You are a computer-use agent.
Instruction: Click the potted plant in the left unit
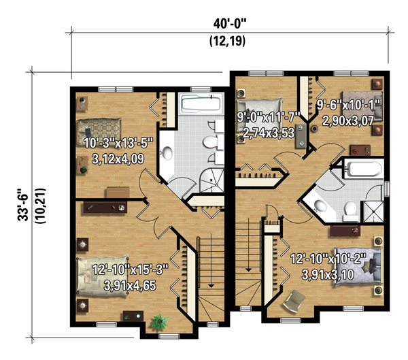pyautogui.click(x=159, y=321)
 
